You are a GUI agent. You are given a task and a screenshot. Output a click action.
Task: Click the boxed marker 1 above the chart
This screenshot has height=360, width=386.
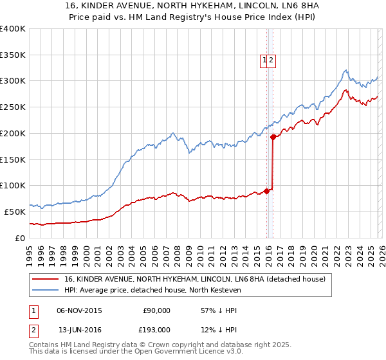coord(264,60)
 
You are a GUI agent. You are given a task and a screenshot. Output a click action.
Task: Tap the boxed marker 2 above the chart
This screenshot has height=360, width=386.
coord(271,60)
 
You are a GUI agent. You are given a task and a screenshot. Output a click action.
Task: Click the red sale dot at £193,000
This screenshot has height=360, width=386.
coord(273,136)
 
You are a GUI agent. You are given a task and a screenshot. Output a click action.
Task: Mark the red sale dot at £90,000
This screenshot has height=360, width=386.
coord(266,190)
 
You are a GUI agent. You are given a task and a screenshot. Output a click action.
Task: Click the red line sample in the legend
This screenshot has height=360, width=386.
coord(46,279)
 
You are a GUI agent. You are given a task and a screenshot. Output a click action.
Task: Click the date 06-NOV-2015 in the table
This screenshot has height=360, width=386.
coord(79,310)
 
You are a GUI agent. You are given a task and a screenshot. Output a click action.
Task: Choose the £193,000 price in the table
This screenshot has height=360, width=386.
coord(156,330)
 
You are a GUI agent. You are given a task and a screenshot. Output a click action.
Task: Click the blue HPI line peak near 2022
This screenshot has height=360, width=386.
coord(345,70)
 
